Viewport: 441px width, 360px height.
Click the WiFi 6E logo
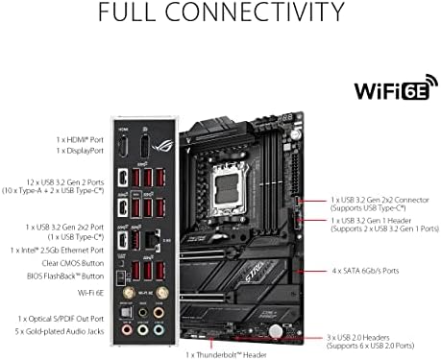[x=391, y=93]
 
